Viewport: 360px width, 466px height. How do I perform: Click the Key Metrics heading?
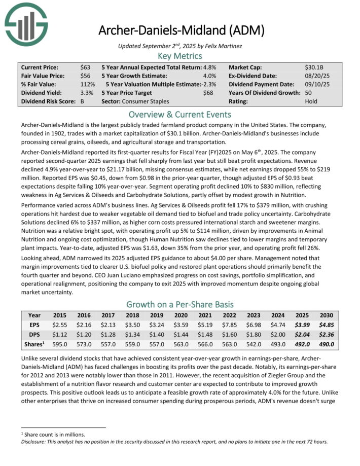(180, 56)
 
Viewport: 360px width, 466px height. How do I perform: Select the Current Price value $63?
(85, 67)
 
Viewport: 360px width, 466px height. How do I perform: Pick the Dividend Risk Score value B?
(83, 101)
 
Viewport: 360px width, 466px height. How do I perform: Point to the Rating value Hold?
(311, 101)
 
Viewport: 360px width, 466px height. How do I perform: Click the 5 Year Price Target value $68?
(208, 93)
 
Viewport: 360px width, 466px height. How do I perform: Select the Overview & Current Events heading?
(180, 114)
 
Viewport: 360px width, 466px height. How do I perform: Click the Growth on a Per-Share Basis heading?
(180, 305)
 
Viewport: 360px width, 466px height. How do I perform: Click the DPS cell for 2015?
(60, 335)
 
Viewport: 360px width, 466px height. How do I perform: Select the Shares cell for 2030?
(327, 344)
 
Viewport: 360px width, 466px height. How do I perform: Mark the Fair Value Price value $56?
(85, 76)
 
